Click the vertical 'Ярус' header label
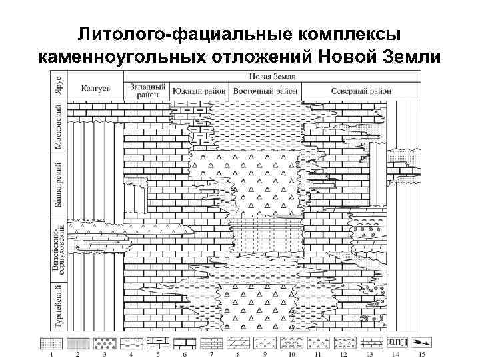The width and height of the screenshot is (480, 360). (x=58, y=85)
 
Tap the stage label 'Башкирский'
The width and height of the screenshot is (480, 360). (x=58, y=184)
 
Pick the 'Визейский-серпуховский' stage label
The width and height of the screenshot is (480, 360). (x=58, y=250)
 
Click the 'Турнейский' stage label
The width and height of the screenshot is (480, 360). (x=58, y=307)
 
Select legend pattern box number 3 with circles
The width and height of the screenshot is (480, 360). (x=104, y=343)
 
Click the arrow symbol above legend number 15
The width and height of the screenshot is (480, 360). (x=422, y=343)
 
